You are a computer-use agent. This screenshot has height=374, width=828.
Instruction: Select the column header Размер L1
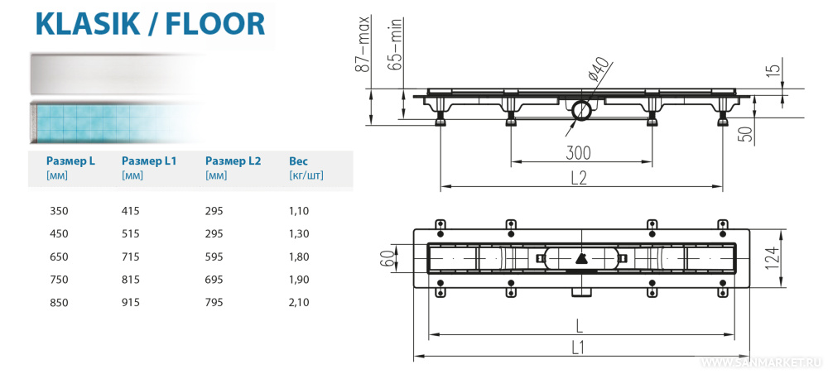149,161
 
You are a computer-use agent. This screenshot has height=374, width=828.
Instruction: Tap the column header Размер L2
233,161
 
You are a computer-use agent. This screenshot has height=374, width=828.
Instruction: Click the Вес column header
298,161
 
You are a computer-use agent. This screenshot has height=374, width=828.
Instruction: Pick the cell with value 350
60,212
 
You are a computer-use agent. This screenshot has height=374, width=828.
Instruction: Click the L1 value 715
131,257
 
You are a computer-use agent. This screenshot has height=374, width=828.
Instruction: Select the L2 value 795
214,303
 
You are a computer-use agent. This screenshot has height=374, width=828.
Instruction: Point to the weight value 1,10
299,212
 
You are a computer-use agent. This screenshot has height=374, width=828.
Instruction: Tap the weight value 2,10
299,303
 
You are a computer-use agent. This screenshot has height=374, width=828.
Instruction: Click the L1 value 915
131,303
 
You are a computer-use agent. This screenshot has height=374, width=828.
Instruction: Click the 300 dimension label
579,152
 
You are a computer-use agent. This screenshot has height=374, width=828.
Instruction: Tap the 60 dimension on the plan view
387,259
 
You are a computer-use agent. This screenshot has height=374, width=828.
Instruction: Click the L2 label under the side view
578,177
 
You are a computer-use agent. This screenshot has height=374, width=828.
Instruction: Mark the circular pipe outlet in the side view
580,109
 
